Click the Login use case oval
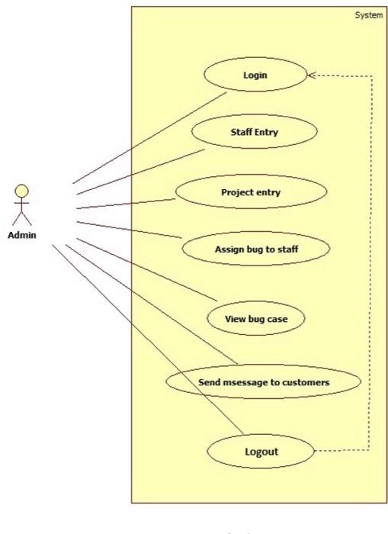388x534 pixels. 255,75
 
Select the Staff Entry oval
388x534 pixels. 254,132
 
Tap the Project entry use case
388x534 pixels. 251,192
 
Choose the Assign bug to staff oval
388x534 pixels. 255,249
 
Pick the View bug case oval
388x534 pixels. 256,319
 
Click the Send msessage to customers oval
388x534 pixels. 263,382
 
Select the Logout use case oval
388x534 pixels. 261,451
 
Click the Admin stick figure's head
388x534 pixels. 22,190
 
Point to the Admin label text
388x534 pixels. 22,234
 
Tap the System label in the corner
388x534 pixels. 369,15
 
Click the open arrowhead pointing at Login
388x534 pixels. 312,75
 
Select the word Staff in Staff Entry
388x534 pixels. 242,132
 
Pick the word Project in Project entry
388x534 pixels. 237,192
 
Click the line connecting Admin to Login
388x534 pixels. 152,137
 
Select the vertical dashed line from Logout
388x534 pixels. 370,267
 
